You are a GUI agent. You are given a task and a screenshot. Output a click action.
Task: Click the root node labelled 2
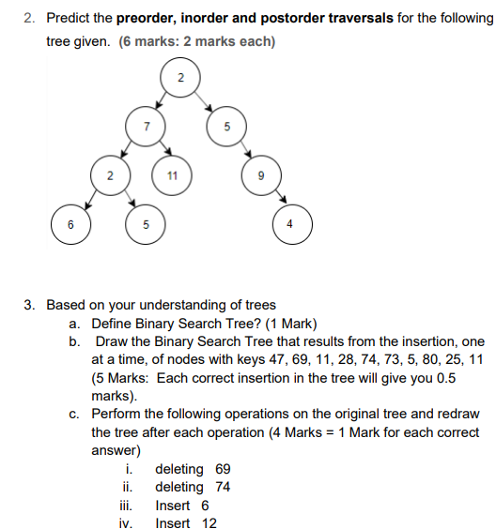(181, 76)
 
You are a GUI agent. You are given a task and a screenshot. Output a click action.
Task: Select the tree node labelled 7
(146, 126)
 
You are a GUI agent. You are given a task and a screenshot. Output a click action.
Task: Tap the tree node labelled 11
(171, 175)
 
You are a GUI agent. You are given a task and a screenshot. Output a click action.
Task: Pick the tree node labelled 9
(261, 175)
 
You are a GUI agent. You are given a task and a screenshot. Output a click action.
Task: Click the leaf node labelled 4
(291, 225)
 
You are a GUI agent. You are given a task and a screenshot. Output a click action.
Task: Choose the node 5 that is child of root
(225, 126)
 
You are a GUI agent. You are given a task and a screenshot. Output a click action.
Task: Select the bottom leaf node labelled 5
(146, 225)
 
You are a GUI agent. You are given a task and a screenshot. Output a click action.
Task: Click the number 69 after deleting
(223, 469)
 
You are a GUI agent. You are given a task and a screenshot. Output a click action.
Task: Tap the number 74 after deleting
(223, 487)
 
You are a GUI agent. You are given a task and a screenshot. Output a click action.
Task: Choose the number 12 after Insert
(209, 523)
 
